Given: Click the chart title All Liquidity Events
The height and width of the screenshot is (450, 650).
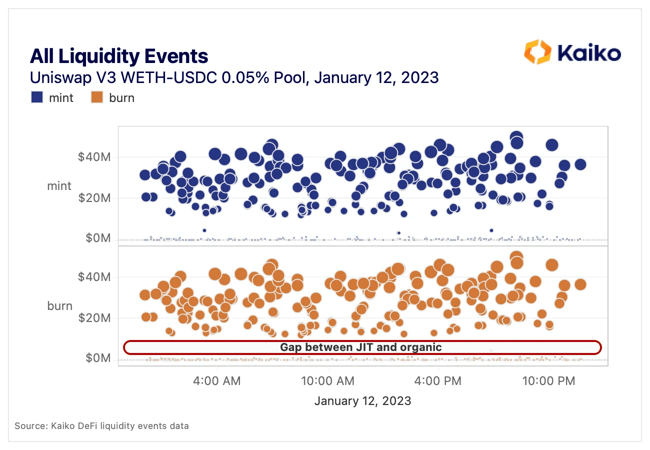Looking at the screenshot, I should tap(119, 56).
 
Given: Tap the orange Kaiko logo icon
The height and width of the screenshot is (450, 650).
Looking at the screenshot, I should tap(537, 52).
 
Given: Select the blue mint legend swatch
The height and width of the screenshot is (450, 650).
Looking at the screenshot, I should tap(37, 97).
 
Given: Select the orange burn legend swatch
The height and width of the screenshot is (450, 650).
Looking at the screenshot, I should tap(97, 97).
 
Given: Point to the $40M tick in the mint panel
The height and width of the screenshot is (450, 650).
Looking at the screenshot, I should tap(94, 157).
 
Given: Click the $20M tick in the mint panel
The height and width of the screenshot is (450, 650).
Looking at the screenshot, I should tap(94, 198).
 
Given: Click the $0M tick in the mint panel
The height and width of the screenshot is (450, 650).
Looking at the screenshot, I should tap(97, 238).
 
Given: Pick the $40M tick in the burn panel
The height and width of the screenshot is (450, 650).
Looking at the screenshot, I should tap(94, 277).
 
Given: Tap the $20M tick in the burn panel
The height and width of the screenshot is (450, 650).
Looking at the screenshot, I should tap(94, 318).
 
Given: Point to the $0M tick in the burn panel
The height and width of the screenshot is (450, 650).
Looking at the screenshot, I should tap(97, 358).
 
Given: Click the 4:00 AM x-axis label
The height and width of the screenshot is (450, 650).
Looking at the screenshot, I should tap(216, 381).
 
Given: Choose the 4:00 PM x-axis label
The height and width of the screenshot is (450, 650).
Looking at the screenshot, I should tap(438, 381).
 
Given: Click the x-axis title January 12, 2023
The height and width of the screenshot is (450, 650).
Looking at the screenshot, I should tap(362, 401).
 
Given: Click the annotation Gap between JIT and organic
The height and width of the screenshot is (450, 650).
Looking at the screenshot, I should tap(361, 347).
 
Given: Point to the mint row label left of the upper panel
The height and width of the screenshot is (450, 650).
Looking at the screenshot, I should tap(59, 186).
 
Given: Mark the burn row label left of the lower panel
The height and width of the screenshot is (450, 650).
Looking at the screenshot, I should tap(59, 305).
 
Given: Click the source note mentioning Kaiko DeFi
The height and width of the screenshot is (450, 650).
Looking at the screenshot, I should tap(101, 426).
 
